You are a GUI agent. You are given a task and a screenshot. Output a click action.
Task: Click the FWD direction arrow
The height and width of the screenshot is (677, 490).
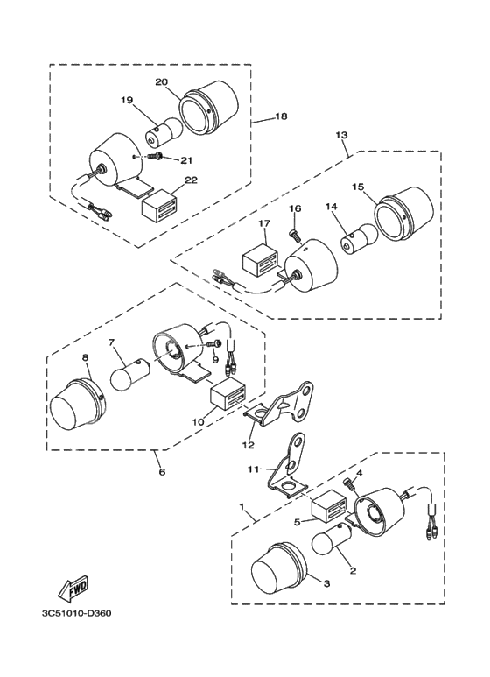coord(73,589)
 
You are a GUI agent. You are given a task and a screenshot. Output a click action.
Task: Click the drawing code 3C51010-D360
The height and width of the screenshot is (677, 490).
coord(76,613)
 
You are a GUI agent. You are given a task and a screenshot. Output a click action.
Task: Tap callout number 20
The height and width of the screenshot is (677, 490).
coord(161,82)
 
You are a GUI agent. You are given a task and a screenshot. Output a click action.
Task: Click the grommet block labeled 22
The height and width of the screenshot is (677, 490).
coord(157,202)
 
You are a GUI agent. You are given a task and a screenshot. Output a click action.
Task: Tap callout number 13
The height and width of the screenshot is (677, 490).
coord(341,135)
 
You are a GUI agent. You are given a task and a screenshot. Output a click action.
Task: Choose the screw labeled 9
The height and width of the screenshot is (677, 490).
coord(213,344)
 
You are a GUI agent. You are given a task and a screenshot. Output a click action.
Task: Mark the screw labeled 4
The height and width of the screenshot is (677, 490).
coord(351,484)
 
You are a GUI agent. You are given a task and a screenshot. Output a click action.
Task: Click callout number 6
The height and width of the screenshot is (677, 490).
coord(162,472)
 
